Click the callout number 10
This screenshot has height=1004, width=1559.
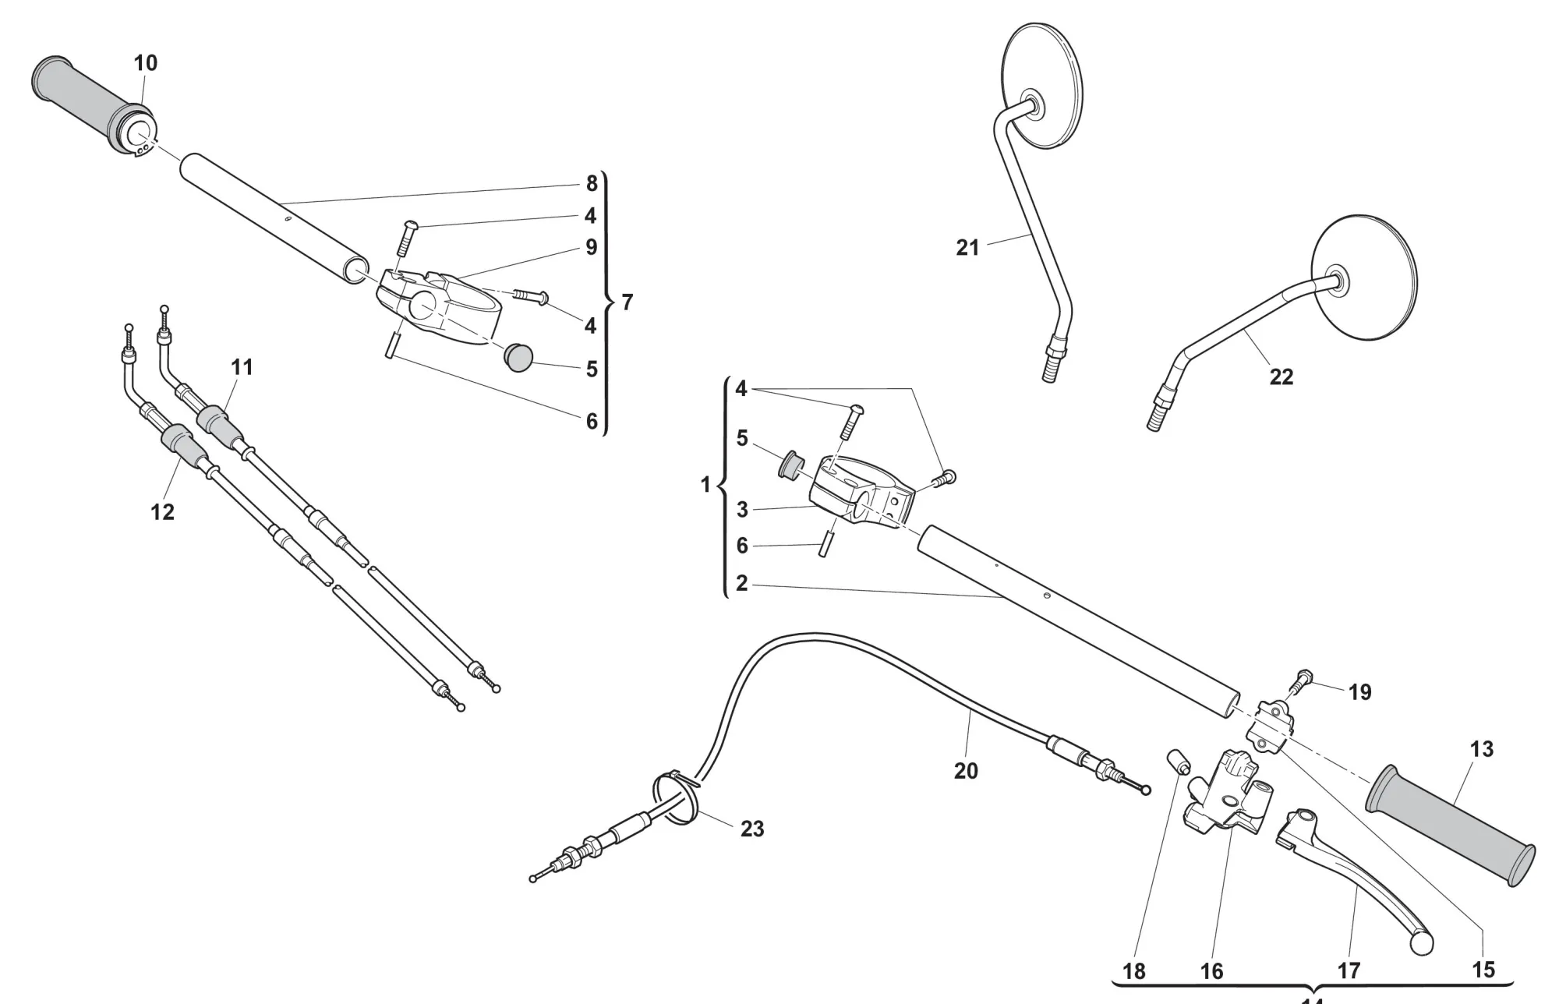tap(146, 62)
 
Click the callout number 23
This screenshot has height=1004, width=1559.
tap(751, 829)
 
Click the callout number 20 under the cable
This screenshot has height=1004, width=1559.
tap(966, 771)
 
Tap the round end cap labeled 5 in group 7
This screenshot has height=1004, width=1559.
tap(519, 357)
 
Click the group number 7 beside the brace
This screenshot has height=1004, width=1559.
tap(627, 302)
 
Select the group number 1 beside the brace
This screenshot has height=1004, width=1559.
tap(705, 485)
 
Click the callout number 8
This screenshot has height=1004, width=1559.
tap(592, 183)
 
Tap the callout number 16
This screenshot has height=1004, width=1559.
tap(1211, 970)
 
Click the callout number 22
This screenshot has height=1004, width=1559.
tap(1281, 377)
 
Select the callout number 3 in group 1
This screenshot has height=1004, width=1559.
tap(741, 510)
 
